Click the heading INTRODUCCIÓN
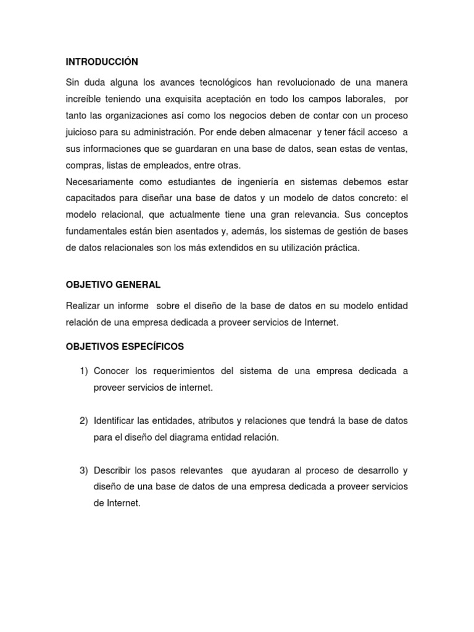[x=102, y=62]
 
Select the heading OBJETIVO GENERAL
[x=113, y=285]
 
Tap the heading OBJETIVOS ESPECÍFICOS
[x=125, y=347]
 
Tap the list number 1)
[x=84, y=371]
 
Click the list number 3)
[x=84, y=470]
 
